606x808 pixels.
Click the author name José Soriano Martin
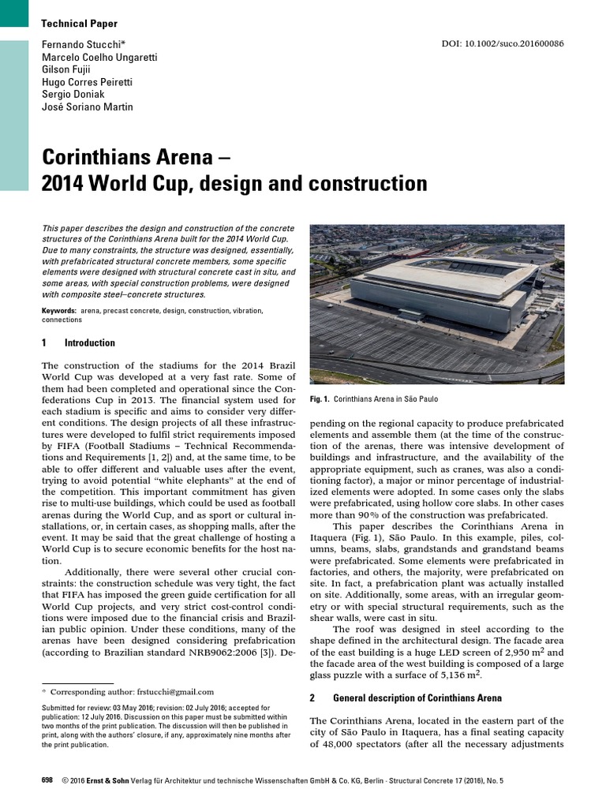[87, 107]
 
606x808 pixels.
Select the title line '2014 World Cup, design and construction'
[234, 183]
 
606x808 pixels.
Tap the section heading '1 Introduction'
[78, 343]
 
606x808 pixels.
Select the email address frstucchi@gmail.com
[174, 692]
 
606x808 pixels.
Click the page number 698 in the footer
[47, 780]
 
